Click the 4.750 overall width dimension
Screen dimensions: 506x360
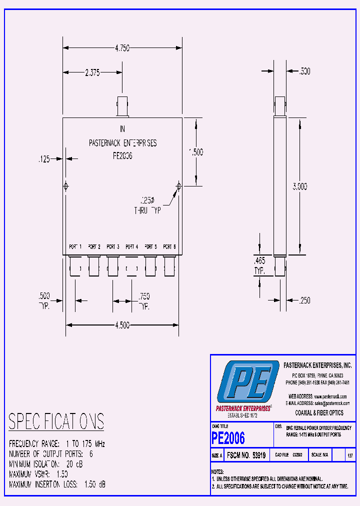click(x=122, y=48)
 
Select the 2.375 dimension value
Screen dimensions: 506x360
click(x=92, y=72)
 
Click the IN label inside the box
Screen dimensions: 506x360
click(x=122, y=129)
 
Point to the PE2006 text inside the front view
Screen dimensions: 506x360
click(x=122, y=155)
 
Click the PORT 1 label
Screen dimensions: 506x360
click(x=75, y=247)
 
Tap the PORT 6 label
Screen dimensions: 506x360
click(x=169, y=247)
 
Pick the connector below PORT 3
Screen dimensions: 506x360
click(x=113, y=265)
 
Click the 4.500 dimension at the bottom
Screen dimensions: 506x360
click(x=122, y=325)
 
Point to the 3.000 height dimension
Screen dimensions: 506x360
click(x=299, y=186)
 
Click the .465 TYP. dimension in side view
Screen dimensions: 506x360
click(x=259, y=265)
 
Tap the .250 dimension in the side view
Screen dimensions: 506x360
click(x=304, y=300)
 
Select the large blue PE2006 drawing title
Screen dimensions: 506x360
click(x=228, y=438)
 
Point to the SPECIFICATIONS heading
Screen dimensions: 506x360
click(x=56, y=421)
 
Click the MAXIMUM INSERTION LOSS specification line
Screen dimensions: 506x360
click(x=57, y=484)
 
